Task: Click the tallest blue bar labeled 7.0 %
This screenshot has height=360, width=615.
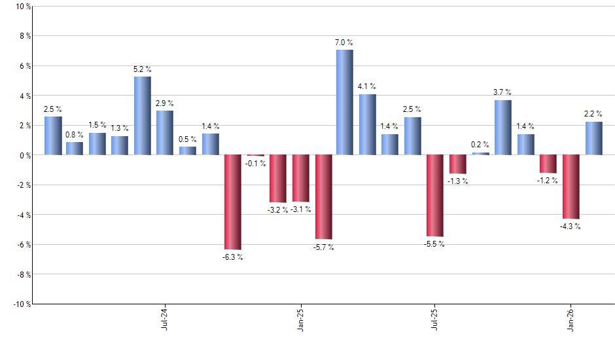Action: coord(345,102)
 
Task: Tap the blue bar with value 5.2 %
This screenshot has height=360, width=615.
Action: coord(143,116)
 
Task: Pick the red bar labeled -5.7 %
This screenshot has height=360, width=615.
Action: coord(323,197)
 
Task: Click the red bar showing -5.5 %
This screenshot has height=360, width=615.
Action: coord(435,196)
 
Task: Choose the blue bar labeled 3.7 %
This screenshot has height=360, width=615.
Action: coord(502,128)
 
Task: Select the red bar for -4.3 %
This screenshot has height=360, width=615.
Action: coord(571,187)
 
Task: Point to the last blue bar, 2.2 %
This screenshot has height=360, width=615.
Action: coord(593,138)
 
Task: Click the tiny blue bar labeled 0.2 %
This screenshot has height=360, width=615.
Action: coord(480,154)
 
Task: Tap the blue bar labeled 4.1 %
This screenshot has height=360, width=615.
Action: coord(368,124)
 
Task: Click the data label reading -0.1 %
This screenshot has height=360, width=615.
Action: coord(255,164)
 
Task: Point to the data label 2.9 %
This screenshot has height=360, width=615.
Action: coord(165,103)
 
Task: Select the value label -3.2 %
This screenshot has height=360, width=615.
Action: coord(277,209)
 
